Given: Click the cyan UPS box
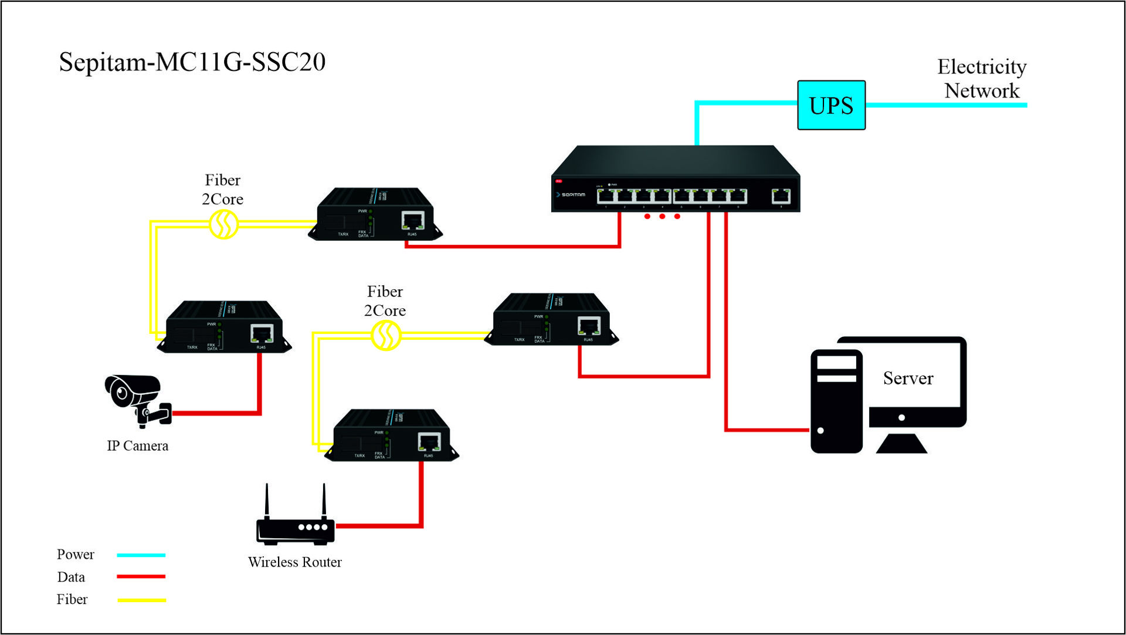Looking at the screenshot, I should point(831,106).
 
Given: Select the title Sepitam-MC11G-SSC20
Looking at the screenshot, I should point(192,62).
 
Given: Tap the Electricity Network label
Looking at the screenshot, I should point(982,79).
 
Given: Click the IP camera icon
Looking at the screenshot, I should point(137,400).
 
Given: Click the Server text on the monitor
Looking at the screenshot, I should point(908,379).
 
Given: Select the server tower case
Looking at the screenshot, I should point(836,401).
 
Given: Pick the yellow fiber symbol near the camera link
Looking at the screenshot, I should point(223,224).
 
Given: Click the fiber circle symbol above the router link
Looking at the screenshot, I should point(386,336).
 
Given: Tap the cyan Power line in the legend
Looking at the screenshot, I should point(141,555).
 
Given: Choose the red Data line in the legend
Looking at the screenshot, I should point(141,577).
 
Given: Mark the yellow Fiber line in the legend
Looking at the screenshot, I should point(141,600).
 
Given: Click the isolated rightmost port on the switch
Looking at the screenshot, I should point(781,196).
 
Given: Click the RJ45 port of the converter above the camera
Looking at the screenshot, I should point(262,333).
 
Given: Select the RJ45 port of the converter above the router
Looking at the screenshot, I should point(429,442).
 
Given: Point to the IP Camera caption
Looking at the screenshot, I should point(137,446).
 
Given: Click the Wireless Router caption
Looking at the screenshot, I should point(294,562).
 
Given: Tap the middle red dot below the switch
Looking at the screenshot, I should point(662,217).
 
